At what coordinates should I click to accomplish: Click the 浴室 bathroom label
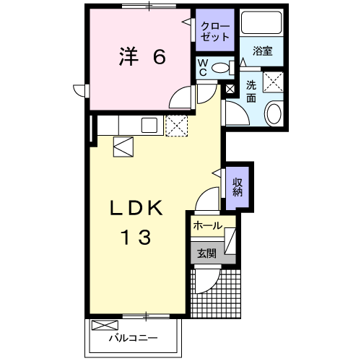(263, 52)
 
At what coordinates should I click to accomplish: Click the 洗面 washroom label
(251, 90)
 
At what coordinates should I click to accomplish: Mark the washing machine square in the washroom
(273, 81)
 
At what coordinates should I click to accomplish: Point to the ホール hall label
(207, 226)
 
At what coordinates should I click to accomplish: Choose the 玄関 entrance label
(206, 253)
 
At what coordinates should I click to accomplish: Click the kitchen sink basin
(149, 125)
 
